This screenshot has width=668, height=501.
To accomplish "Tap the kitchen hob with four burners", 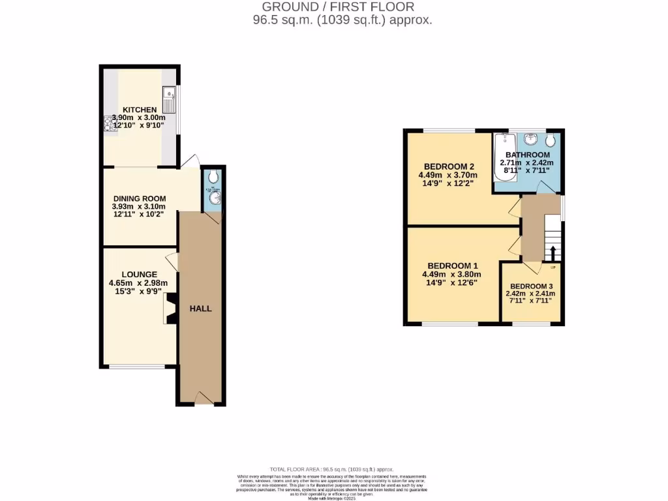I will (107, 123).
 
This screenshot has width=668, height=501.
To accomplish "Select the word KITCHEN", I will (140, 110).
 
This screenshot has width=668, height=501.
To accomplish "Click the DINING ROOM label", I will (140, 198).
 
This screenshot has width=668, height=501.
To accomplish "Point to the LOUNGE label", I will (138, 274).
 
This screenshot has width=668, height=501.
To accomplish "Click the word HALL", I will (201, 308).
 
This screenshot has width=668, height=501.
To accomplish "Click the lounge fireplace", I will (170, 308).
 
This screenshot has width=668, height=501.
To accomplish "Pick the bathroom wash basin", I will (530, 138).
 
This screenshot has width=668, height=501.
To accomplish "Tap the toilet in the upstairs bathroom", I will (551, 140).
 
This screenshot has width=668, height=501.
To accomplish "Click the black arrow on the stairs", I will (553, 253).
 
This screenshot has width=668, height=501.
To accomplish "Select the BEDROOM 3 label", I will (532, 286).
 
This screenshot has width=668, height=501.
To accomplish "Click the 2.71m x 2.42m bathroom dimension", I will (526, 163).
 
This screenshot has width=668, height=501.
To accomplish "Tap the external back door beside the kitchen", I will (190, 160).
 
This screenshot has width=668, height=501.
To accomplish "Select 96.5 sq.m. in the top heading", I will (282, 20).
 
